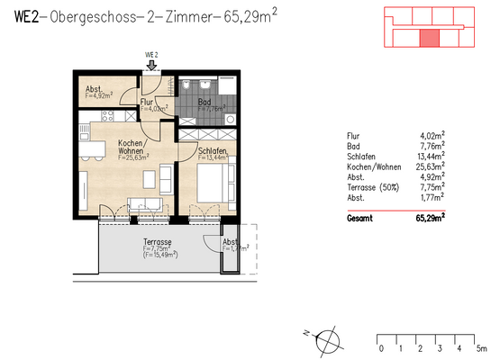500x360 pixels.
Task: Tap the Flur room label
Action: click(x=147, y=103)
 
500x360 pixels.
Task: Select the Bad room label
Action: click(x=205, y=103)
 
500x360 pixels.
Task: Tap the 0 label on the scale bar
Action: click(x=381, y=347)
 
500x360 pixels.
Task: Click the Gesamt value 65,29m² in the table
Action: click(x=434, y=218)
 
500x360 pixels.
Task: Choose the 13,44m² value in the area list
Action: click(x=434, y=155)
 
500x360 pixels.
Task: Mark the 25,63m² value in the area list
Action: click(x=434, y=165)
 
